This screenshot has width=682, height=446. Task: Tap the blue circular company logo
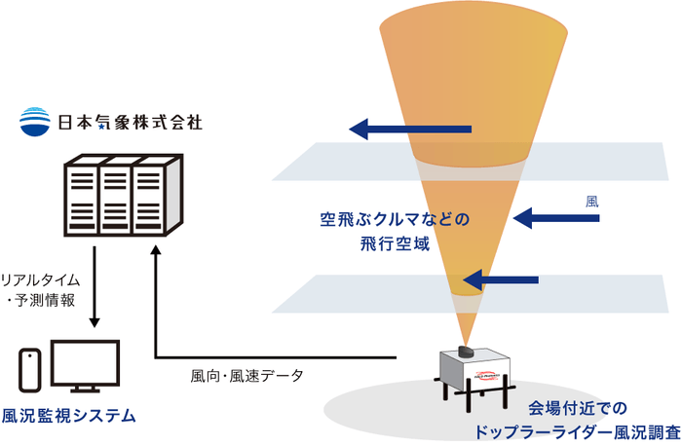[35, 122]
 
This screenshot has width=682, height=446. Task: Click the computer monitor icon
[85, 367]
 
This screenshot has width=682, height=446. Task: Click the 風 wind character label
[591, 202]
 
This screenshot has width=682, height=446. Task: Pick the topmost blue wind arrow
[410, 129]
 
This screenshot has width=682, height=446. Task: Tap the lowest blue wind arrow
[500, 281]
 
